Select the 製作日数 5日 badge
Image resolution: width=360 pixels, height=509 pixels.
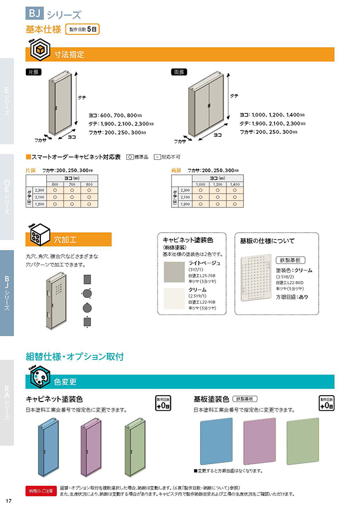83,30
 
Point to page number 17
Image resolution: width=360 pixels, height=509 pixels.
9,501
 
